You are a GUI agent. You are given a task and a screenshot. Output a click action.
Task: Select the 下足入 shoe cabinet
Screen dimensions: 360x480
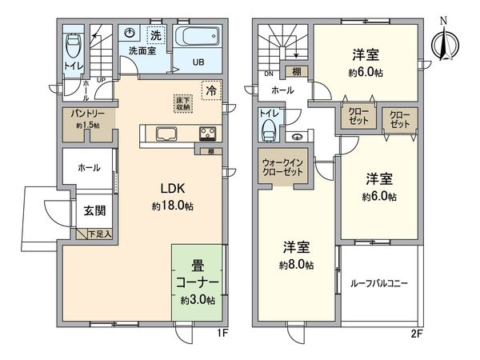[x=98, y=234]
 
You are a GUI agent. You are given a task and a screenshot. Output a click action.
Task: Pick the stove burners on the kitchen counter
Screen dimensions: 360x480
[x=206, y=134]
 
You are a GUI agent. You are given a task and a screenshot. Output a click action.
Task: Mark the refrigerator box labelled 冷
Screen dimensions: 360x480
[x=210, y=90]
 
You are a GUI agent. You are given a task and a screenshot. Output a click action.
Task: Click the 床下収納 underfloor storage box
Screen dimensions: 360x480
[x=184, y=103]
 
